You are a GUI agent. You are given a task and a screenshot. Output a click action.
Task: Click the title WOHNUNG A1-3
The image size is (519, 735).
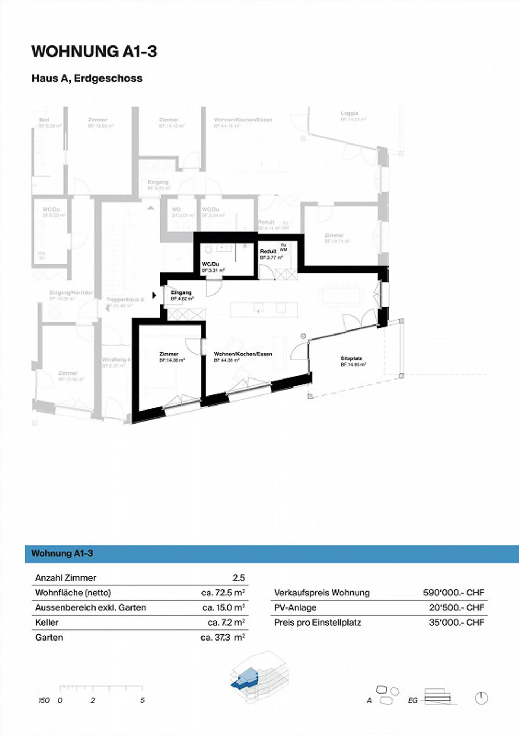94,52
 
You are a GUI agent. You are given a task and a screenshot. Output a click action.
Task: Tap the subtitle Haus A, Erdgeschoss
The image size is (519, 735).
87,78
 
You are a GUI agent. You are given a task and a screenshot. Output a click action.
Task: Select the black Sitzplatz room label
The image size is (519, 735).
351,358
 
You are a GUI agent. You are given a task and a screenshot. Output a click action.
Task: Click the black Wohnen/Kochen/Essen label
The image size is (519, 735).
243,354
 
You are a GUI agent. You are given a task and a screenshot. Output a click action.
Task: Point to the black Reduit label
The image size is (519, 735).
268,251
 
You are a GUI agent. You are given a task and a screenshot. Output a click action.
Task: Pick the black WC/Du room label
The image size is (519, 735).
210,264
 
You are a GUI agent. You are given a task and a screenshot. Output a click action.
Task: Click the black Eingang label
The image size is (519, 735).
181,292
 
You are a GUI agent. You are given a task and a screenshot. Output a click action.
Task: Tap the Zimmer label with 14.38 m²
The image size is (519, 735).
169,354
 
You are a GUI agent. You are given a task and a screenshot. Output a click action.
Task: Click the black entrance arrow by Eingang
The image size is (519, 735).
154,295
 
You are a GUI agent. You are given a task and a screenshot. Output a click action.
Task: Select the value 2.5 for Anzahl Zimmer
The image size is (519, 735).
239,578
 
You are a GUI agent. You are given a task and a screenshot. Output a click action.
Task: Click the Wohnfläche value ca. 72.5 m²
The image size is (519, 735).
223,593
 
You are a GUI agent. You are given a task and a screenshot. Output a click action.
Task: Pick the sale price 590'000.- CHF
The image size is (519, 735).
453,593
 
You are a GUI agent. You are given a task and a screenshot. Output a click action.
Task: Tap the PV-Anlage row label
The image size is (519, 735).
295,607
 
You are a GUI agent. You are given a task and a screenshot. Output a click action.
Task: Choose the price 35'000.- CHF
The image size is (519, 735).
456,623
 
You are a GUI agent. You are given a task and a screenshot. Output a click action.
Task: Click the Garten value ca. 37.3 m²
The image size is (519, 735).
223,637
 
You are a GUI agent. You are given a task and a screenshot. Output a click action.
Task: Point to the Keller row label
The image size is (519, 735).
47,623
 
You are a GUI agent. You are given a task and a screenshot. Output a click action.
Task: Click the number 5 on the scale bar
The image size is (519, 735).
142,700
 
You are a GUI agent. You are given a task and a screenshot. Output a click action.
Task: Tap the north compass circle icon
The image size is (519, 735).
481,698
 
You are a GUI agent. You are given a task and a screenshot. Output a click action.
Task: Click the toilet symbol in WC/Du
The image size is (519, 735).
208,249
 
